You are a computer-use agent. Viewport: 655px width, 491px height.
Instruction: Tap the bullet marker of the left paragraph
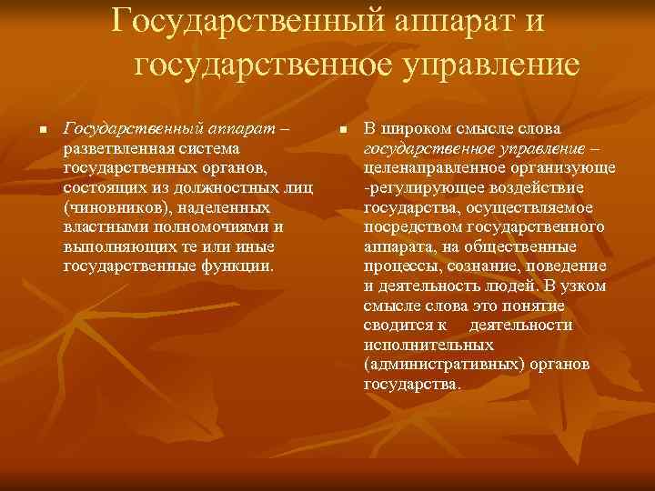(42, 131)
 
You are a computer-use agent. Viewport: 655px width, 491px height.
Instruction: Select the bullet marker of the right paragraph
(343, 131)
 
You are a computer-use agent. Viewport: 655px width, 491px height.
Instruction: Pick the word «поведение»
(565, 266)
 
